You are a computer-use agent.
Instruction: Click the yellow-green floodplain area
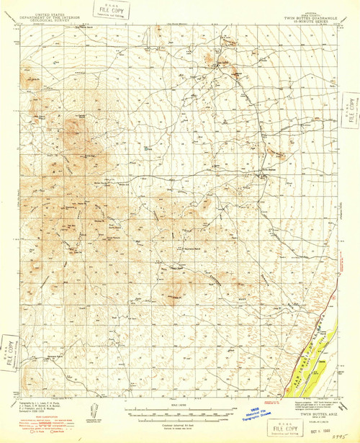click(x=317, y=353)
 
